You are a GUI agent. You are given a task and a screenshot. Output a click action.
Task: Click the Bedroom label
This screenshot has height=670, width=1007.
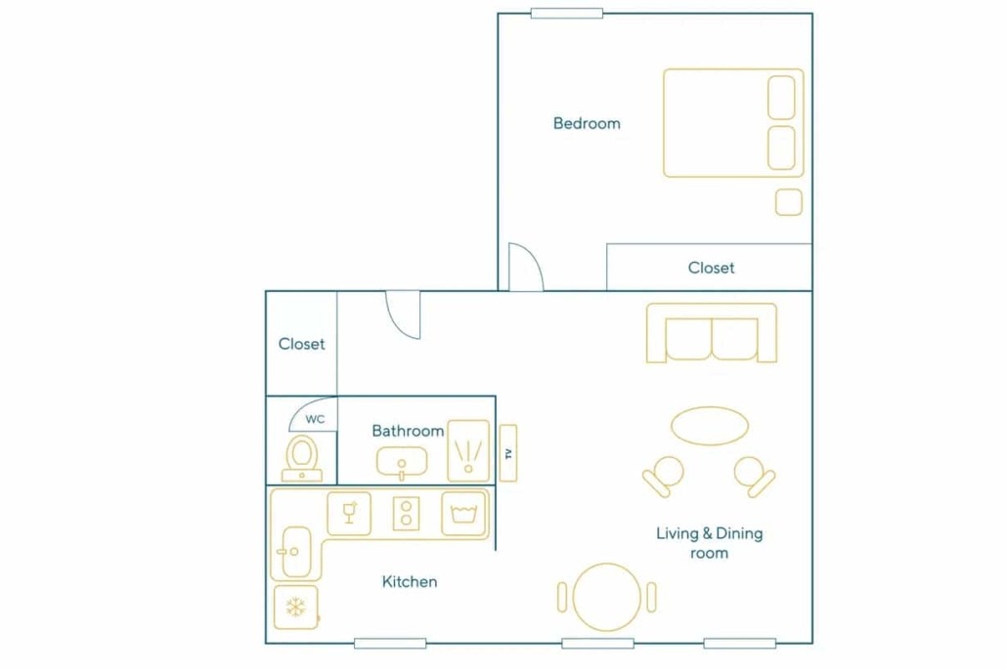click(x=587, y=123)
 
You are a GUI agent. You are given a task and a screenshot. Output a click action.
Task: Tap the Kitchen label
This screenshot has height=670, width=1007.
click(x=410, y=581)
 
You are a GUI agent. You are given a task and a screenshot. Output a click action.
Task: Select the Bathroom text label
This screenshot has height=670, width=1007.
click(x=408, y=431)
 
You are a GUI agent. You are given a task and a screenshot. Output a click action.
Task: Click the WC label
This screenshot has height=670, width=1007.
click(x=315, y=419)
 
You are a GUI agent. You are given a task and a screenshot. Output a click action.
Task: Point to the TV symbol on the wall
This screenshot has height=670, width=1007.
click(x=508, y=453)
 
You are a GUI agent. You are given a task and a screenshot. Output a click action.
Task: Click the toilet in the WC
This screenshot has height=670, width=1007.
click(x=302, y=458)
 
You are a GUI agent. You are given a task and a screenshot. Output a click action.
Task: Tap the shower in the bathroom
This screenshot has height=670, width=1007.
click(x=468, y=450)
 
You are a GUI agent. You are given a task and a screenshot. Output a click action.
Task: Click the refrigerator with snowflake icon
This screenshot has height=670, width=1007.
click(x=295, y=607)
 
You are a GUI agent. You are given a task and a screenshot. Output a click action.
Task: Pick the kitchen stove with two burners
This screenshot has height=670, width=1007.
click(x=406, y=514)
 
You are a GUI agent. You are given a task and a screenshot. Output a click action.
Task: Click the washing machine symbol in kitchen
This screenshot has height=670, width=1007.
click(x=463, y=514)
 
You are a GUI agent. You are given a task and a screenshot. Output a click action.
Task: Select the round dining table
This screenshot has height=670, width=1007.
click(x=607, y=597)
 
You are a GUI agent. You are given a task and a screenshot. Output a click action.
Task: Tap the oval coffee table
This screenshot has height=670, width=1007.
click(x=710, y=426)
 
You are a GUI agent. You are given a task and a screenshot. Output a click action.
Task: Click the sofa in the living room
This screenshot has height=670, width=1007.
click(x=712, y=333)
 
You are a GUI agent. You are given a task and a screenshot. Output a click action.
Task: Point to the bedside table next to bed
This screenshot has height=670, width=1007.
click(x=789, y=202)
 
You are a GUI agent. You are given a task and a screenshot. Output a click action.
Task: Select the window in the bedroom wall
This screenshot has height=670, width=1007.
click(x=566, y=13)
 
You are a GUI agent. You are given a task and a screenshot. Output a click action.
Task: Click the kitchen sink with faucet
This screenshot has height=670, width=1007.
click(x=295, y=551)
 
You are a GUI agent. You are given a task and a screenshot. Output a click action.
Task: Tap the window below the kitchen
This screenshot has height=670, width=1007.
click(x=390, y=643)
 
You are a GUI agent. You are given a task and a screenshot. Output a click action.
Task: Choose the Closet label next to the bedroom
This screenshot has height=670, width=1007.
click(x=711, y=268)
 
